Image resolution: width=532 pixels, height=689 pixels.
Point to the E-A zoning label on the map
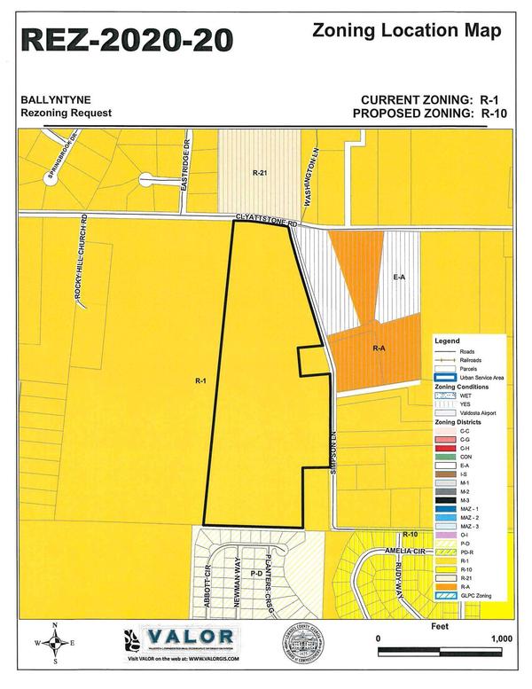pyautogui.click(x=398, y=278)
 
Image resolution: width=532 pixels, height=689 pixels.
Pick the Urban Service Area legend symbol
pyautogui.click(x=443, y=379)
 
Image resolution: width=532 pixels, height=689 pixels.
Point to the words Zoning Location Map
pyautogui.click(x=408, y=30)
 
